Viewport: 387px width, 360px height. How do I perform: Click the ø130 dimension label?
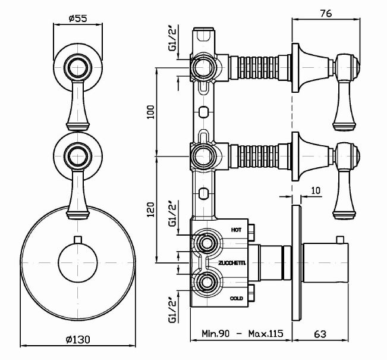coord(78,340)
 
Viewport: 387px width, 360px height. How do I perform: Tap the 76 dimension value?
coord(326,14)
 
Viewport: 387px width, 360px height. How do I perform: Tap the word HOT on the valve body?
coord(237,228)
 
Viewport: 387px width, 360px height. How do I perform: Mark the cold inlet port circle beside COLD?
coord(206,282)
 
